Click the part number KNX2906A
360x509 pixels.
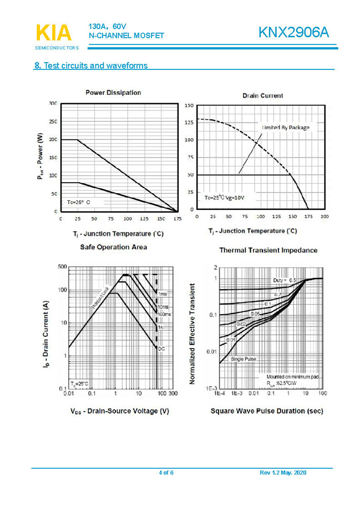pyautogui.click(x=293, y=33)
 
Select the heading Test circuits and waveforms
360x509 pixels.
pyautogui.click(x=91, y=65)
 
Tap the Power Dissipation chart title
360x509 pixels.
pyautogui.click(x=113, y=93)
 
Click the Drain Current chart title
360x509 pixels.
pyautogui.click(x=263, y=95)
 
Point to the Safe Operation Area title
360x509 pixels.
pyautogui.click(x=114, y=246)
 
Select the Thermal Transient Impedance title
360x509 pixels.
pyautogui.click(x=268, y=250)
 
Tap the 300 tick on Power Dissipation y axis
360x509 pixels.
pyautogui.click(x=52, y=103)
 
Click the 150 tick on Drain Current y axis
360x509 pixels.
pyautogui.click(x=189, y=105)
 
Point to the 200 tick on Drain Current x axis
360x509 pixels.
pyautogui.click(x=324, y=216)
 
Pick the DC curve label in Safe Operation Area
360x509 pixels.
pyautogui.click(x=161, y=349)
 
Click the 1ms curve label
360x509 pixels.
pyautogui.click(x=162, y=294)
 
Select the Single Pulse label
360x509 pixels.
pyautogui.click(x=243, y=359)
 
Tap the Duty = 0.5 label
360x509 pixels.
pyautogui.click(x=285, y=281)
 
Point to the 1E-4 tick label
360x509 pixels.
pyautogui.click(x=220, y=393)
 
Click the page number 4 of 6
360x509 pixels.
pyautogui.click(x=166, y=472)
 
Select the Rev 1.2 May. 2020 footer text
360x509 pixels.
pyautogui.click(x=283, y=472)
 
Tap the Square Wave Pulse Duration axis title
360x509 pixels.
pyautogui.click(x=267, y=411)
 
